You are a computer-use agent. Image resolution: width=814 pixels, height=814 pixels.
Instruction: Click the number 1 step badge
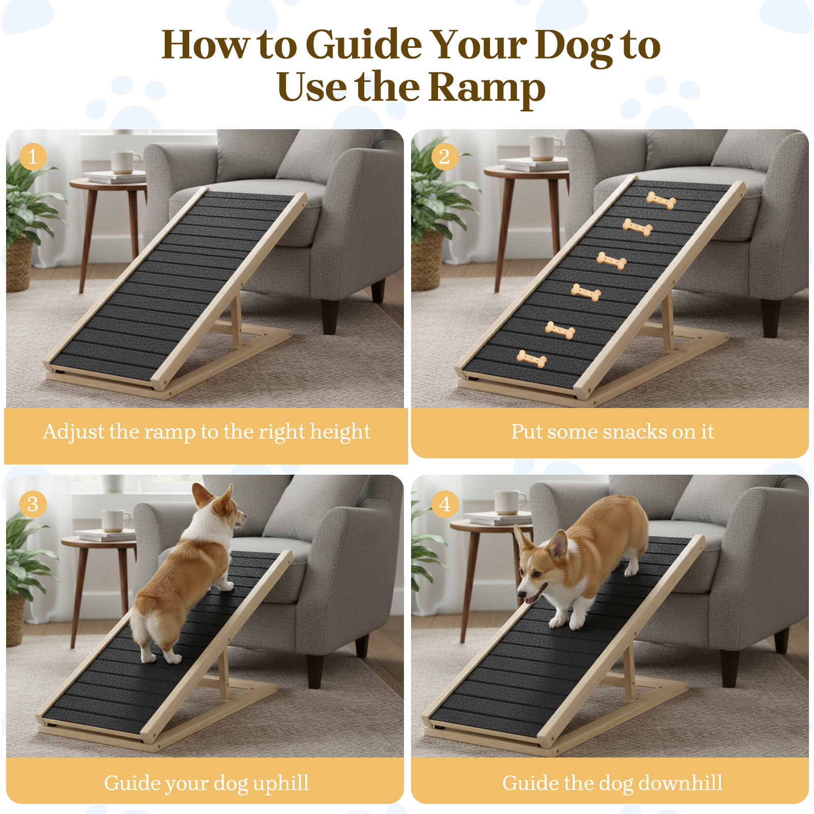coord(33,157)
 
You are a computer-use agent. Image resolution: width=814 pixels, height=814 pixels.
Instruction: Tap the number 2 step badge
coord(445,157)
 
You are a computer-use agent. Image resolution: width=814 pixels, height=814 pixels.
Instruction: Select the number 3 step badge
coord(33,504)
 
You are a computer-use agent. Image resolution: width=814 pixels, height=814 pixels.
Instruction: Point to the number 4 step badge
coord(445,504)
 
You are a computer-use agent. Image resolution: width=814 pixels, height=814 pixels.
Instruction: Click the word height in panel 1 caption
coord(340,432)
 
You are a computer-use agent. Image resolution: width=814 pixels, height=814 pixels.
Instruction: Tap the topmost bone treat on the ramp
coord(661,200)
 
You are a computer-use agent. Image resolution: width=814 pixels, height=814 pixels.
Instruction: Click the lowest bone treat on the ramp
coord(532,359)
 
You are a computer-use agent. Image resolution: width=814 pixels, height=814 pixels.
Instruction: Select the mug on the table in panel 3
coord(115,521)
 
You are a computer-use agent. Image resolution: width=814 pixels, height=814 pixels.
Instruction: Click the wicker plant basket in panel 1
coord(19,265)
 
